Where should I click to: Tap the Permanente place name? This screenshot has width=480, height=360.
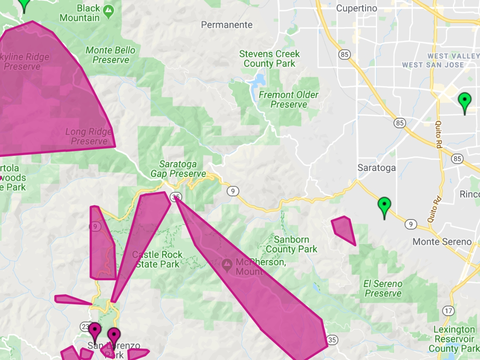point(227,25)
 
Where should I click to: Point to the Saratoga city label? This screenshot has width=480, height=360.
point(377,168)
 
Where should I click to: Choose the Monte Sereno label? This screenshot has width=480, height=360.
point(442,242)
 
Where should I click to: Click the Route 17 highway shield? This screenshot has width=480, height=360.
point(449,311)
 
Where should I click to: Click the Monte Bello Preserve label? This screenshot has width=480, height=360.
point(111,55)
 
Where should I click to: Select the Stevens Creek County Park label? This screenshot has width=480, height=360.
point(269,59)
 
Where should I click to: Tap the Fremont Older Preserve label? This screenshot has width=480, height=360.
point(289,99)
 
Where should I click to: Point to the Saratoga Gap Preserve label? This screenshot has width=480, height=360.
point(179,169)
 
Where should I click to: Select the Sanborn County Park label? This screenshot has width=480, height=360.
point(291,244)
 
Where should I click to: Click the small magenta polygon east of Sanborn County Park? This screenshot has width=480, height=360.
point(344,229)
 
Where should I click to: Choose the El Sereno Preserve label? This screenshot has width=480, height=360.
point(383,289)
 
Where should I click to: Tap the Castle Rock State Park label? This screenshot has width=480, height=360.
point(157,260)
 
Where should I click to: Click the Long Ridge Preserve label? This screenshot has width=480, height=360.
point(89,136)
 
